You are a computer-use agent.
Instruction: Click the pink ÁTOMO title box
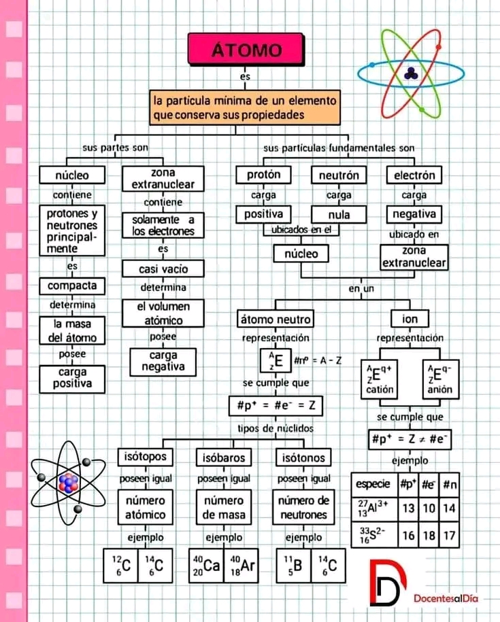(x=246, y=49)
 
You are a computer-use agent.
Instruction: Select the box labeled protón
(x=264, y=175)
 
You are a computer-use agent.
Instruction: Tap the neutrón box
(x=338, y=175)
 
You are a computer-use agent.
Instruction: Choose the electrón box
(x=414, y=175)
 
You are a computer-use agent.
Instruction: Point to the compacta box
(x=72, y=285)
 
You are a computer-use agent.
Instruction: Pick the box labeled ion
(x=410, y=319)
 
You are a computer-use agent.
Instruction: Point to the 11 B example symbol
(x=291, y=563)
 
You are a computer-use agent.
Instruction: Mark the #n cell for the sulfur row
(x=448, y=536)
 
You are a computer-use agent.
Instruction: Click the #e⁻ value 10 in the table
(x=428, y=507)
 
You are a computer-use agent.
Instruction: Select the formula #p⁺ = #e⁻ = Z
(x=275, y=407)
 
